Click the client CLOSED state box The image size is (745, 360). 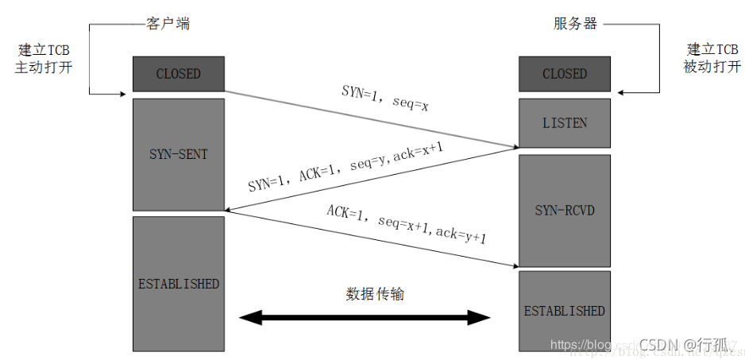click(179, 74)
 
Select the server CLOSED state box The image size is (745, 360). click(565, 74)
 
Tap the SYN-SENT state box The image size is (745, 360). click(179, 153)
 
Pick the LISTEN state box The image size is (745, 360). click(565, 122)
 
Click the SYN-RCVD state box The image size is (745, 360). click(565, 211)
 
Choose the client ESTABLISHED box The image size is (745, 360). click(179, 284)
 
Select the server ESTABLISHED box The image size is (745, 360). click(565, 311)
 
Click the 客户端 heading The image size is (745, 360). click(169, 24)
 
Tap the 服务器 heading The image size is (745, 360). click(575, 24)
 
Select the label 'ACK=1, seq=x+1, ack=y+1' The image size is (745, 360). click(406, 224)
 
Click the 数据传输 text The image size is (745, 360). click(375, 294)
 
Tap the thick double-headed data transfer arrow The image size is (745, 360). click(366, 318)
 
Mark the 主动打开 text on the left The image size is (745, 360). click(44, 68)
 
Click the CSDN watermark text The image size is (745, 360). click(683, 344)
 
